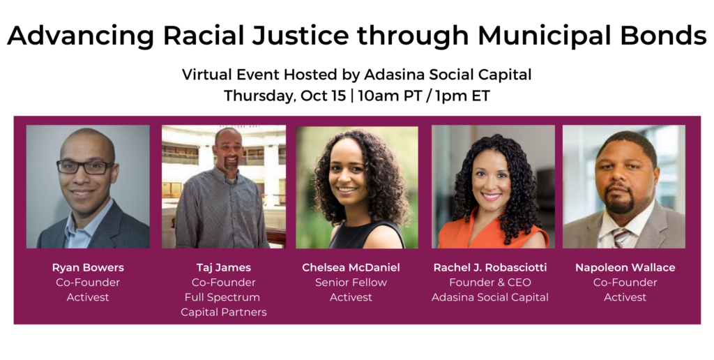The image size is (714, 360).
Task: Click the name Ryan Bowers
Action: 88,267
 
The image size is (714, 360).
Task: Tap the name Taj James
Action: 224,267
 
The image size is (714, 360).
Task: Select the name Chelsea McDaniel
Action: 351,267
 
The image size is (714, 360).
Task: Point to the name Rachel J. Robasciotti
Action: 490,267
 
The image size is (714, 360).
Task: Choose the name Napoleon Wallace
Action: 625,267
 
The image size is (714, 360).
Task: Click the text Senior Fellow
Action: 351,283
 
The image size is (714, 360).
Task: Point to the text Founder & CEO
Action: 490,283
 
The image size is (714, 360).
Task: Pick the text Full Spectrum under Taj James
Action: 222,298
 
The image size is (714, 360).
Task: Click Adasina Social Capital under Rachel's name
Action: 490,298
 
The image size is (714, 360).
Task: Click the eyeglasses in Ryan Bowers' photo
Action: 85,167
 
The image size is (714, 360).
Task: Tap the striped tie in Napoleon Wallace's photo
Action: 620,237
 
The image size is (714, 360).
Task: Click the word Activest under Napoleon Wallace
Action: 625,298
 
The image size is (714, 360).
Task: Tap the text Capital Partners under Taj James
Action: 224,312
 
